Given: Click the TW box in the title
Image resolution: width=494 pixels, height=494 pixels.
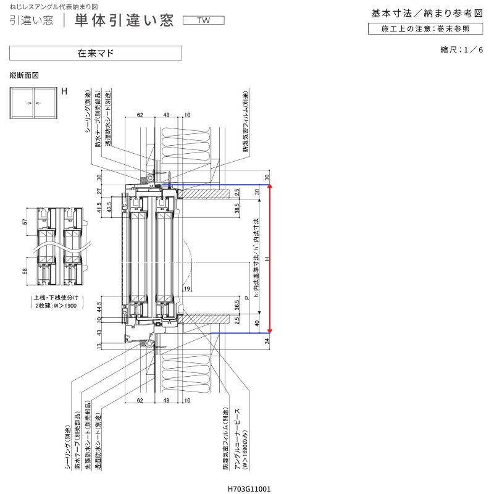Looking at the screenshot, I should [203, 20].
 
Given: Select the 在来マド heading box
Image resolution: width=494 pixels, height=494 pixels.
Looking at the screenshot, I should [95, 53].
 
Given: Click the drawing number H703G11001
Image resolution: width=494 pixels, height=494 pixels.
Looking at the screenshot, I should [249, 488].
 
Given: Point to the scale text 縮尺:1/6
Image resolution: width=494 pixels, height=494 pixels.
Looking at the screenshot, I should [461, 49].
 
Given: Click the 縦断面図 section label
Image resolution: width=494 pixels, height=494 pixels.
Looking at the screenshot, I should [25, 75].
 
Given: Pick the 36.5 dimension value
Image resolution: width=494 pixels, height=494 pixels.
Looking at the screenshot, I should [237, 305].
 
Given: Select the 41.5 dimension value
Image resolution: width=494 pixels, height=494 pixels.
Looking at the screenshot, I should [100, 208].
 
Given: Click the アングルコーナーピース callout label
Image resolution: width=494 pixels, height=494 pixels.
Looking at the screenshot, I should [237, 445].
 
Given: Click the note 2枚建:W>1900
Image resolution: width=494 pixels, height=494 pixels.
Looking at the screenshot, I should [56, 306].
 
